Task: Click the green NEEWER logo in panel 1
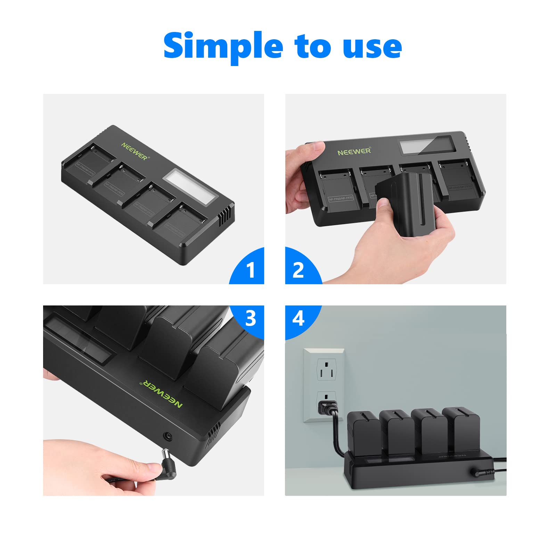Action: point(135,151)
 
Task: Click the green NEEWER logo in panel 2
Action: point(354,151)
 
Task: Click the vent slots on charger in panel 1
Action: point(224,215)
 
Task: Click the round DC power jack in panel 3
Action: point(168,436)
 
